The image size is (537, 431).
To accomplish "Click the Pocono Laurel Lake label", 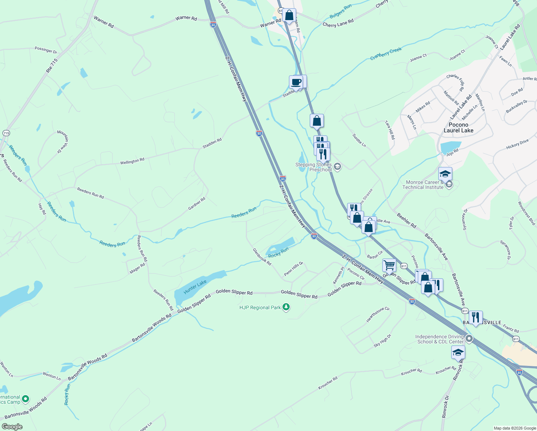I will [458, 128].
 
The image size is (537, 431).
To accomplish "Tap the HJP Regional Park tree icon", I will [286, 307].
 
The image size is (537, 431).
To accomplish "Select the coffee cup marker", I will [296, 82].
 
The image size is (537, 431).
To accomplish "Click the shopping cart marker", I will [389, 266].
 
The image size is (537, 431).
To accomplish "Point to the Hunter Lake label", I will [195, 287].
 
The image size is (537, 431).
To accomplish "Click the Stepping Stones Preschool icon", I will [337, 166].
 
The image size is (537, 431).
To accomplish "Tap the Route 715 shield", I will [6, 133].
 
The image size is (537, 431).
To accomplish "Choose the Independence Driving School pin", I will [469, 339].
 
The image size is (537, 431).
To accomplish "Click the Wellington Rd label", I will [132, 161].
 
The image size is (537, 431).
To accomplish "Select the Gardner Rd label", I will [197, 204].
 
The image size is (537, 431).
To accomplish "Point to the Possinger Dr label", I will [46, 50].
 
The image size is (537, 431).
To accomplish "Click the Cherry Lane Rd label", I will [338, 23].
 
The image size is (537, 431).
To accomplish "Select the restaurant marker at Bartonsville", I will [476, 318].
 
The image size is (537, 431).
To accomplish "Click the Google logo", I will [12, 426].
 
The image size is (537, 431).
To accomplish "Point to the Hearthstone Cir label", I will [378, 315].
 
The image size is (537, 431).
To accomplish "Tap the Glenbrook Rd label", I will [262, 256].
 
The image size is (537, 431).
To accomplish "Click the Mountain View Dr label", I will [63, 142].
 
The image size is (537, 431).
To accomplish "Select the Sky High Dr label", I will [382, 340].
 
